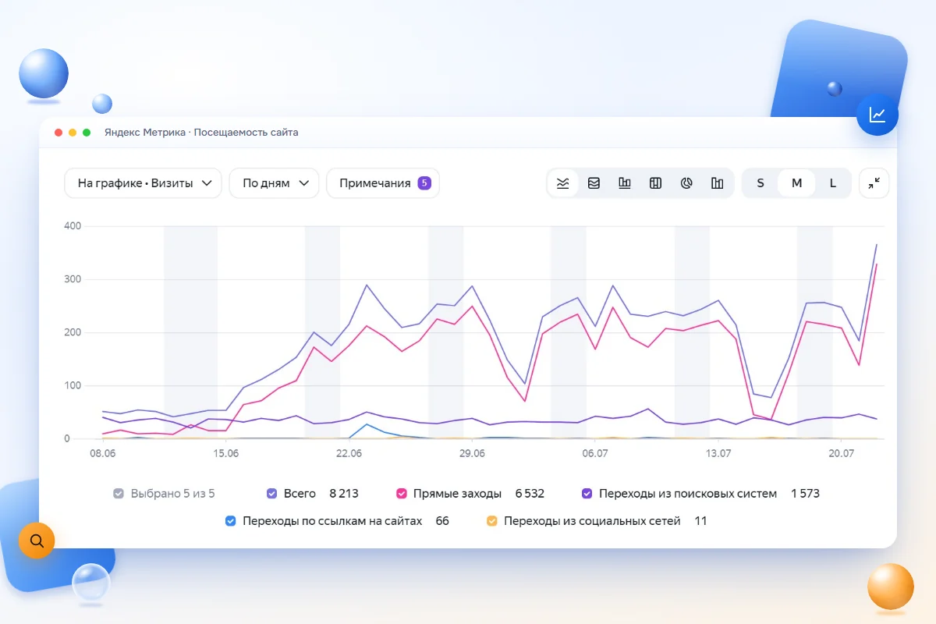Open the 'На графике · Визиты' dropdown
point(143,183)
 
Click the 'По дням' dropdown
point(274,183)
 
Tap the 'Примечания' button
point(383,183)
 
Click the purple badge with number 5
point(424,183)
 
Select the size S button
point(760,183)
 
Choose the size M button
point(796,183)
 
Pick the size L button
point(833,183)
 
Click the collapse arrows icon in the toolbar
point(874,183)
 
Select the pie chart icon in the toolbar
point(686,183)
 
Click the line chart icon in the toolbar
point(563,183)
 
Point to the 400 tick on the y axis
point(73,225)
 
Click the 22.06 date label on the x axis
point(349,453)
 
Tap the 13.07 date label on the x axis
point(718,453)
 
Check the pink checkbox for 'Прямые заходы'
point(401,494)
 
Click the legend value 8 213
point(344,494)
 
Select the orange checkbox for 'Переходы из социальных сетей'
point(492,521)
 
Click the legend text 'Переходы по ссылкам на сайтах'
point(332,521)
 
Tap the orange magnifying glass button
point(37,541)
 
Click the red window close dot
point(58,133)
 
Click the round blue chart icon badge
point(877,115)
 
